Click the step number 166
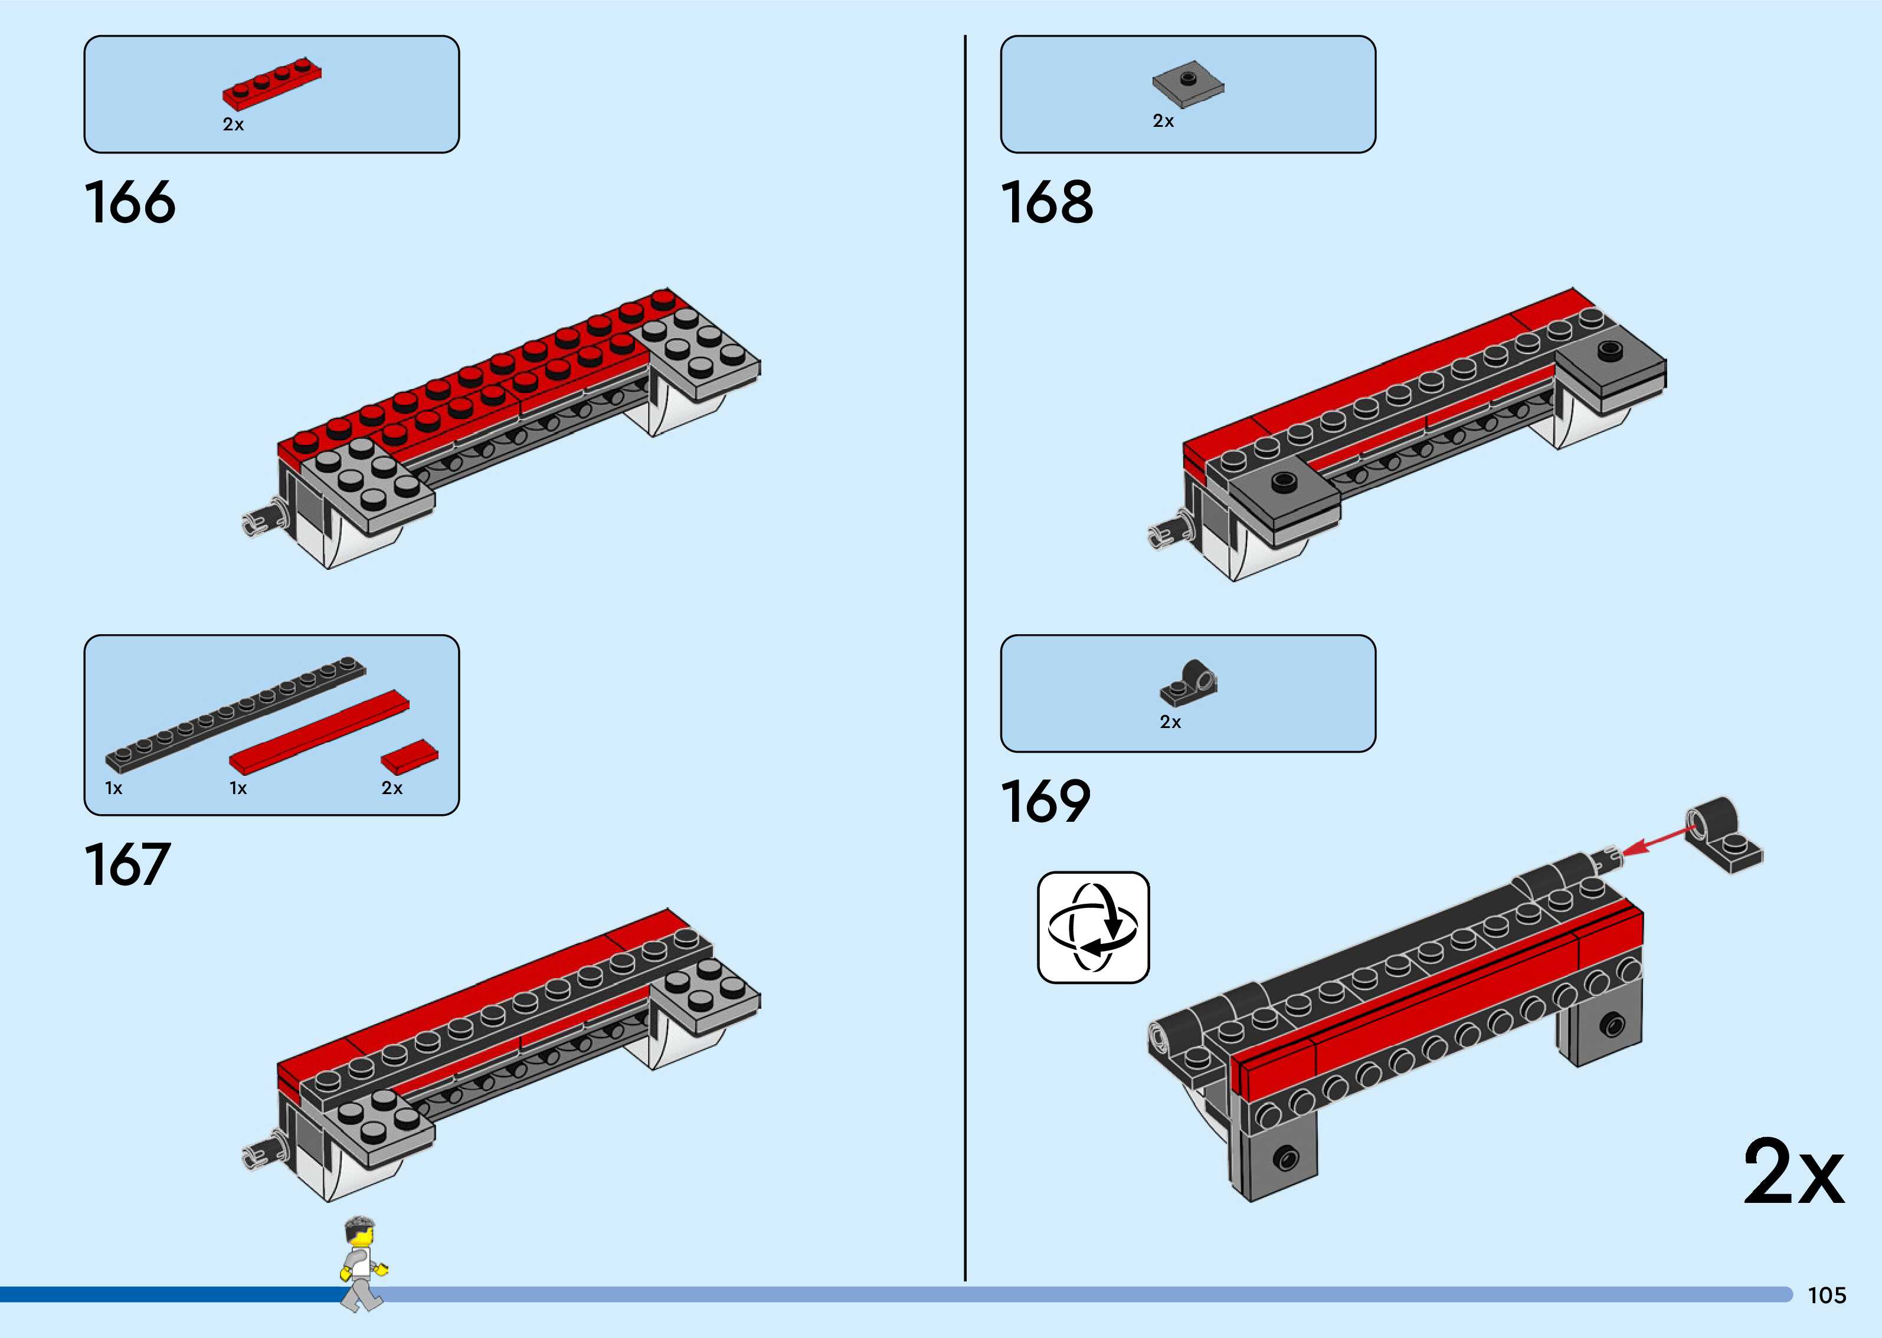[130, 203]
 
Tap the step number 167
[127, 865]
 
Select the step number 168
[1046, 203]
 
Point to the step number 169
[1045, 802]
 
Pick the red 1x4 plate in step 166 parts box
[272, 83]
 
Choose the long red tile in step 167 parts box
[319, 731]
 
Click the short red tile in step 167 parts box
[410, 756]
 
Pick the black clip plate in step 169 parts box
[1189, 682]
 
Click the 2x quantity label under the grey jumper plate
[1163, 121]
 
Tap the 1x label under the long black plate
[114, 788]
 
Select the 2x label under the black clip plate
[1170, 723]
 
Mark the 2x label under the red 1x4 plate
[233, 124]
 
